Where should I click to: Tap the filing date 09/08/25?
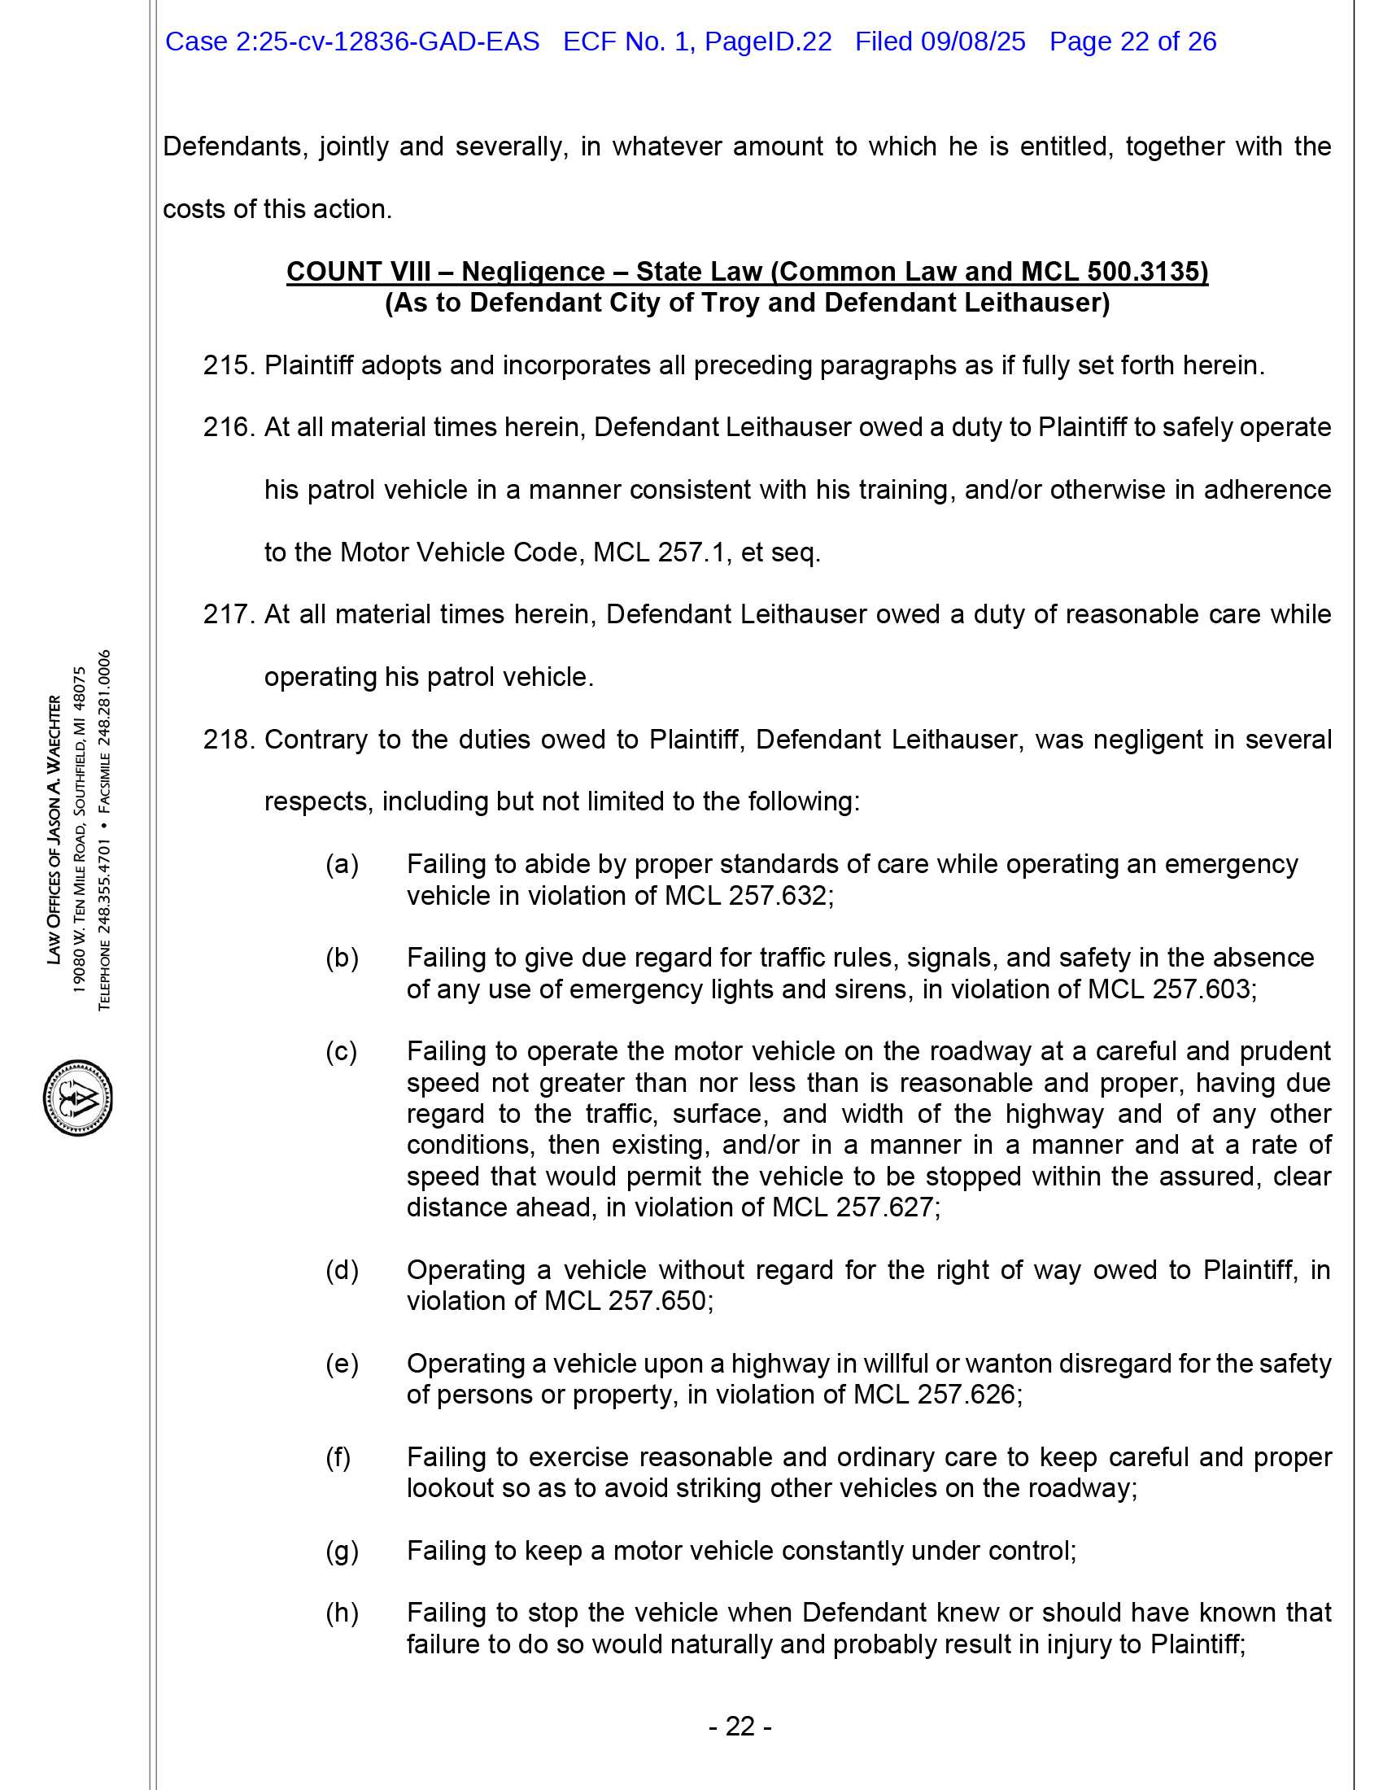click(972, 41)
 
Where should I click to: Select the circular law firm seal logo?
click(78, 1097)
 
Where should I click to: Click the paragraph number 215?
click(229, 365)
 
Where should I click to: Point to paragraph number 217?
click(229, 614)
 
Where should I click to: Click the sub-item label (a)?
click(342, 865)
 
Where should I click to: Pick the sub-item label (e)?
click(342, 1364)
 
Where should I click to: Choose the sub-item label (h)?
click(342, 1613)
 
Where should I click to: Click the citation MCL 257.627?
click(853, 1207)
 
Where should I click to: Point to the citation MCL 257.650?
click(626, 1301)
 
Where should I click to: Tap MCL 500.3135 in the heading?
click(1115, 272)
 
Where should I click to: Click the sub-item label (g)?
click(342, 1551)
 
